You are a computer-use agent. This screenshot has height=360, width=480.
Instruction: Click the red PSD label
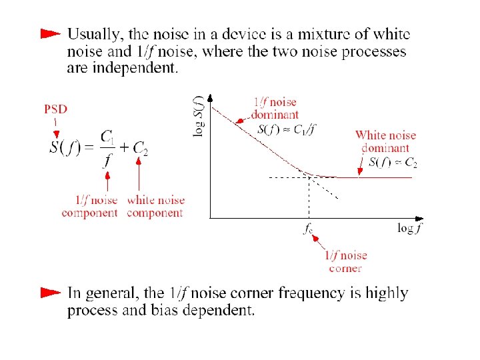coord(55,109)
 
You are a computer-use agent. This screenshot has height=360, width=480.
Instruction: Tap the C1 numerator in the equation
coord(107,137)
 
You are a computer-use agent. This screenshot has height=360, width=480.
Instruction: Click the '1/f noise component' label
coord(89,206)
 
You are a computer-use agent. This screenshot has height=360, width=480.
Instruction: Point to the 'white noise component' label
coord(155,206)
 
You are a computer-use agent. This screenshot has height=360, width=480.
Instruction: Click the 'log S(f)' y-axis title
coord(199,116)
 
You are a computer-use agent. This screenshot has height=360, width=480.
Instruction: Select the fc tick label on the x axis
coord(308,229)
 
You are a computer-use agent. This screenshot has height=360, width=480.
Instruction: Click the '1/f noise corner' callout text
coord(345,261)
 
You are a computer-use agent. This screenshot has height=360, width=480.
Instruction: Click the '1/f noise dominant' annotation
coord(275,108)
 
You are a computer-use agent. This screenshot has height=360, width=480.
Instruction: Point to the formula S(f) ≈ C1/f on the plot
coord(286,129)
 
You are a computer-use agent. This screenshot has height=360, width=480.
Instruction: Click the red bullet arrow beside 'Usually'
coord(50,33)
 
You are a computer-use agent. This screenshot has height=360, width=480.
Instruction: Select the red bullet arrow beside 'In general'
coord(50,292)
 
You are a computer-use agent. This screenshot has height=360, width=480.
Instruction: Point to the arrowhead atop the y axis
coord(210,97)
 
